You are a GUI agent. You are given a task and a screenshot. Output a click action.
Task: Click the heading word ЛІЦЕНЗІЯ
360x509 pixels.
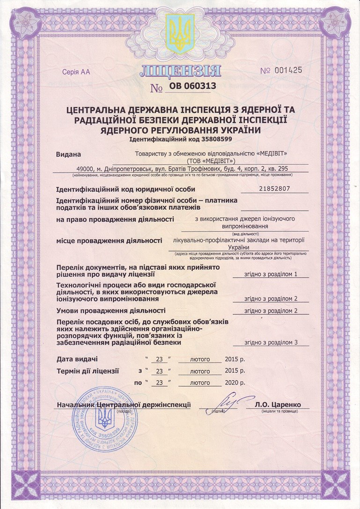tap(180, 71)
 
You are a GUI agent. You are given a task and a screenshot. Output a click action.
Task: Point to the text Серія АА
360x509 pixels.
tap(75, 72)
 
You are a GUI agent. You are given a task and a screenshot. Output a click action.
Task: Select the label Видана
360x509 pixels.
tap(68, 154)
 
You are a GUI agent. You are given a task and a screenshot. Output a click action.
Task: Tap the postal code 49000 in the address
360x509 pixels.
tap(87, 169)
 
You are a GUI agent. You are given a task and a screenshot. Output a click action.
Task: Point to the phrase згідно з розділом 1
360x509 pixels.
tap(271, 273)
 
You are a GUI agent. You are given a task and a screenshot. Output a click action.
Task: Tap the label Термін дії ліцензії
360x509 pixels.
tap(88, 371)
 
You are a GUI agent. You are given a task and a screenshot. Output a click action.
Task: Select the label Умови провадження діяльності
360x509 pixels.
tap(110, 310)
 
